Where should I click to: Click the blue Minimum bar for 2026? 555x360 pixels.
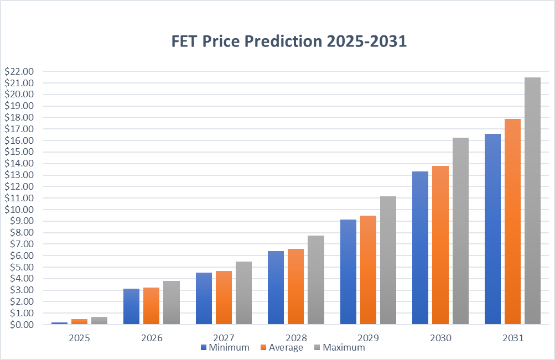click(131, 306)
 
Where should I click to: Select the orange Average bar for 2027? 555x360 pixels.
click(224, 298)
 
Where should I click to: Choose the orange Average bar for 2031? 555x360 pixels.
click(512, 221)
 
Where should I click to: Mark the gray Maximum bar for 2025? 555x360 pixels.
click(99, 320)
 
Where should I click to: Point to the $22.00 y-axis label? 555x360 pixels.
click(19, 71)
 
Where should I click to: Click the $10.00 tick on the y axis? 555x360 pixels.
click(19, 210)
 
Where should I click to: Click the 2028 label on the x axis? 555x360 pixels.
click(295, 337)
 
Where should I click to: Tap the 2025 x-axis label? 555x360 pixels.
click(79, 337)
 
